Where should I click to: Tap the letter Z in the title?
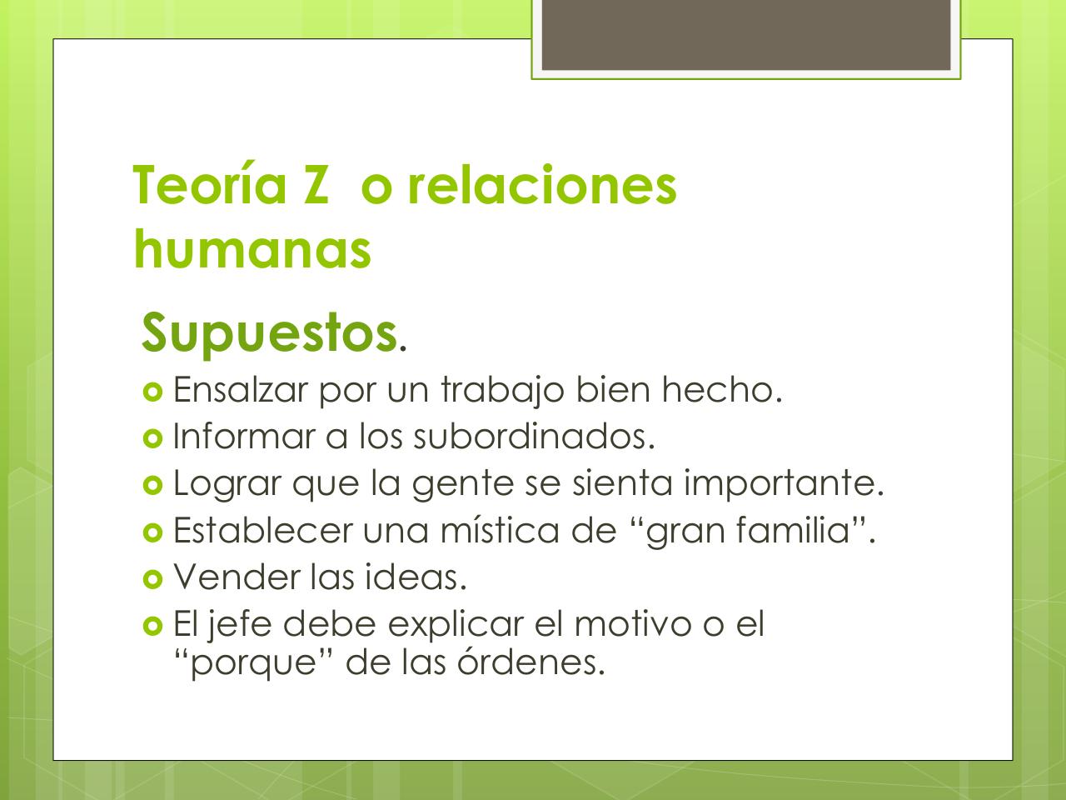coord(316,185)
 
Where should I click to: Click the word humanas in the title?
coord(252,248)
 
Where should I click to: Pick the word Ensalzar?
coord(240,389)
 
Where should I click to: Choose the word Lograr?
coord(226,484)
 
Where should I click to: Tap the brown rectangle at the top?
coord(746,35)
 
